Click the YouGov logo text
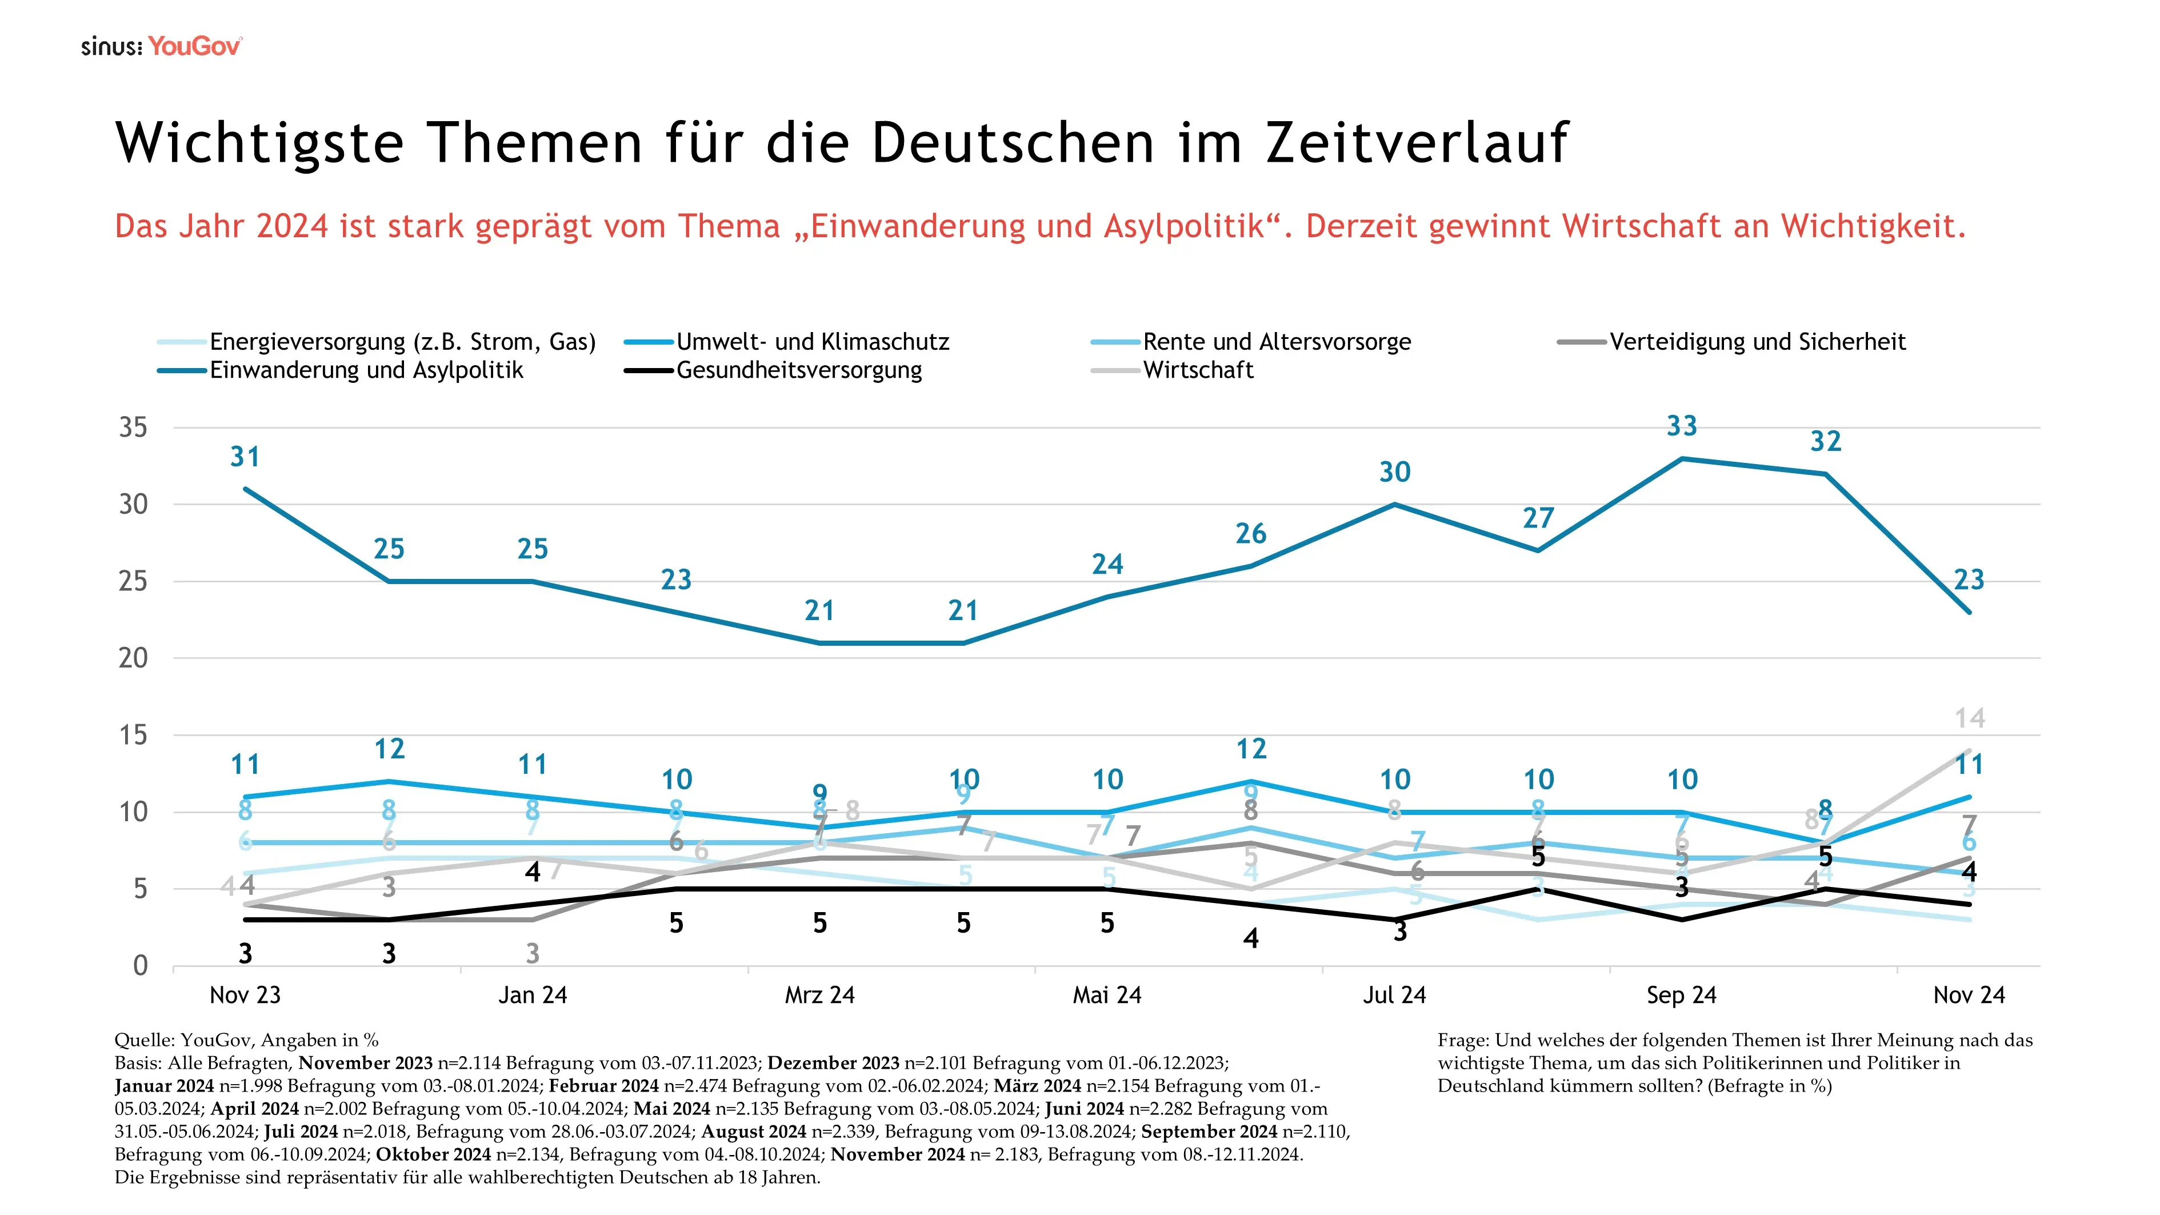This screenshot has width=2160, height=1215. point(194,46)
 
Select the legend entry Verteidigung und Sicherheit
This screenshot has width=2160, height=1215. point(1757,342)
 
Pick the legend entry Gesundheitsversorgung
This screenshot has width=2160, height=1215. point(798,371)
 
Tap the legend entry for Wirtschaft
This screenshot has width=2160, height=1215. point(1197,371)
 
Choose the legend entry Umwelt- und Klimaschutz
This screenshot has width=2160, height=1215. point(811,342)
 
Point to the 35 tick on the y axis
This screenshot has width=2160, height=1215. point(133,427)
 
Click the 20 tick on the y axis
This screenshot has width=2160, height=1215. point(133,658)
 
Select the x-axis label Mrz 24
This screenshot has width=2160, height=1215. point(819,996)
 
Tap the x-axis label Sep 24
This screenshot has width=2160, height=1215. point(1681,996)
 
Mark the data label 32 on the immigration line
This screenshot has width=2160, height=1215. point(1826,442)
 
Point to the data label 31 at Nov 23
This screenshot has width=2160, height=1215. point(245,457)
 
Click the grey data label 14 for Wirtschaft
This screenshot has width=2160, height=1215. point(1970,718)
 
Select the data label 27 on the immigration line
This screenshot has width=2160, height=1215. point(1538,519)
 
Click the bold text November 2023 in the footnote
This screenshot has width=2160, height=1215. point(366,1063)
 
